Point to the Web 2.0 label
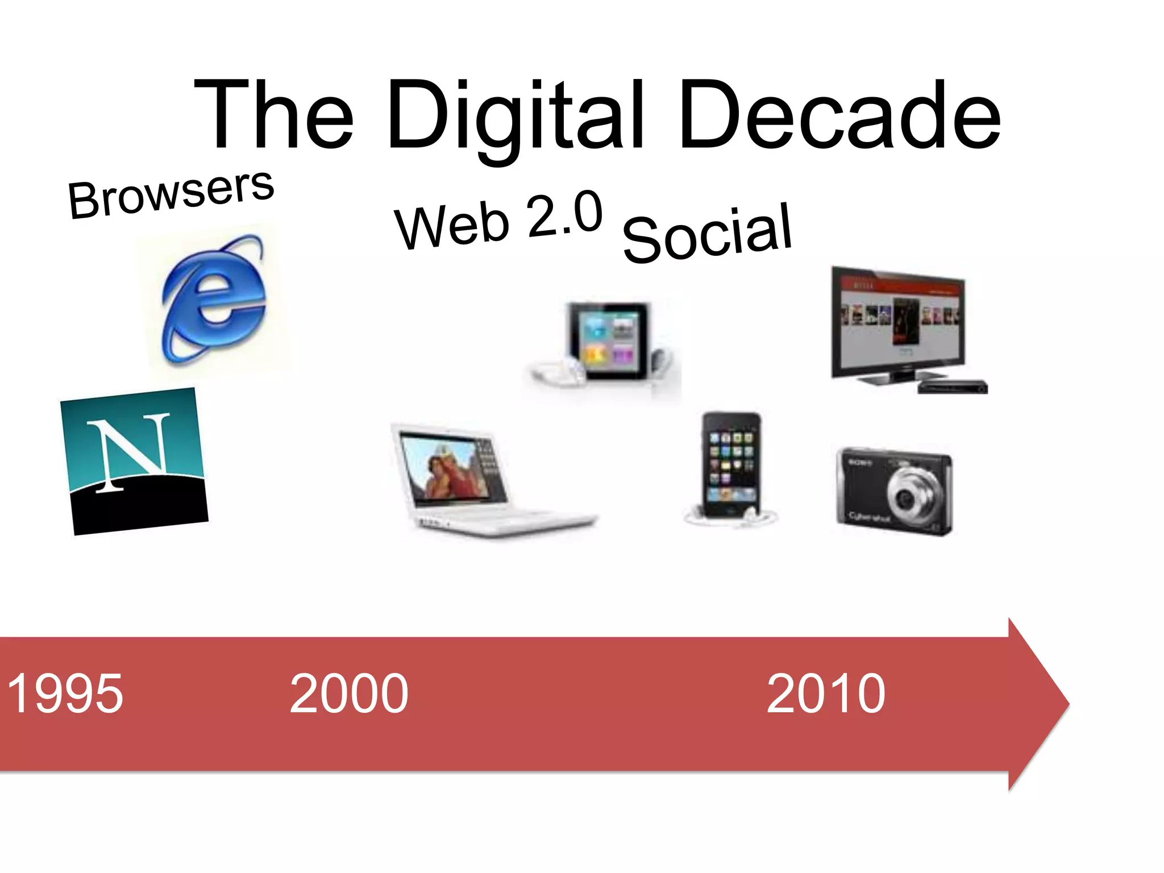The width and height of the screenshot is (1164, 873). click(x=498, y=222)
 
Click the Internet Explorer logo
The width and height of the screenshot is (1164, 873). click(x=213, y=298)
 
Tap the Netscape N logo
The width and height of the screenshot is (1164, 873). click(x=135, y=460)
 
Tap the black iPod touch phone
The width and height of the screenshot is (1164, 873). click(x=730, y=463)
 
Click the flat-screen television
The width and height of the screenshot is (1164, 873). click(x=898, y=324)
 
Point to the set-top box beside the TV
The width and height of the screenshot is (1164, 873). click(x=952, y=387)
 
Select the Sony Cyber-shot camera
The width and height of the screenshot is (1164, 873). click(x=894, y=490)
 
